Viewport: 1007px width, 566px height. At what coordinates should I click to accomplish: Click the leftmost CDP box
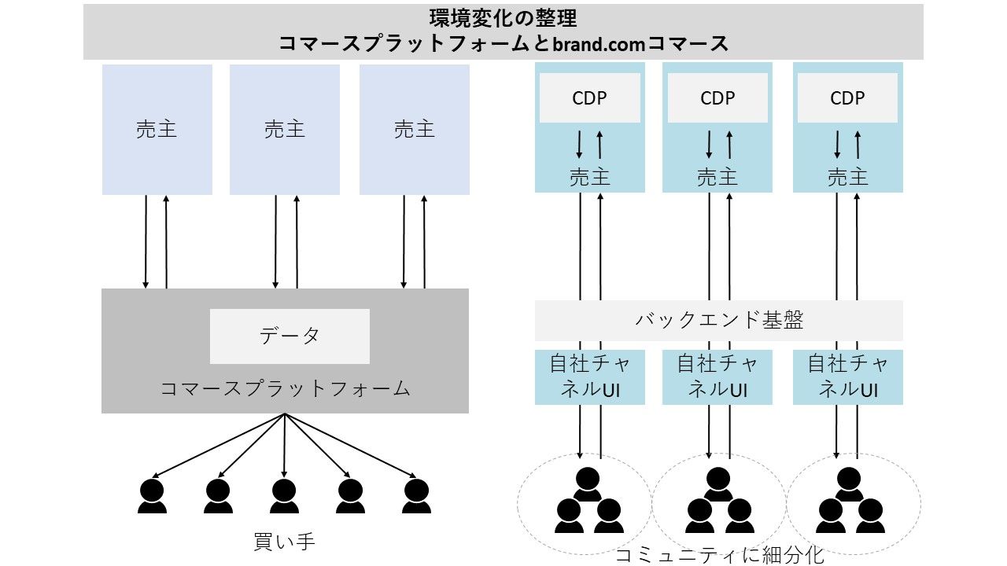tap(589, 98)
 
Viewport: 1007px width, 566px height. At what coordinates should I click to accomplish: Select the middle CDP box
tap(717, 98)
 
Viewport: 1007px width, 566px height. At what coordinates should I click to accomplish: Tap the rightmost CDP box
tap(847, 98)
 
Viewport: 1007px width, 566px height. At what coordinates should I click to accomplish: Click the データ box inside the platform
tap(290, 336)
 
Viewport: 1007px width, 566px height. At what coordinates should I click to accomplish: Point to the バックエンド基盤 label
tap(719, 320)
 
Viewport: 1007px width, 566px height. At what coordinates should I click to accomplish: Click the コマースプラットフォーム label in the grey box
tap(285, 388)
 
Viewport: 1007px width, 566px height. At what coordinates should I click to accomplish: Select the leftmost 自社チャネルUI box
tap(590, 377)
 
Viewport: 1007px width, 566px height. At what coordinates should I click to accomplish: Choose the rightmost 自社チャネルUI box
tap(848, 377)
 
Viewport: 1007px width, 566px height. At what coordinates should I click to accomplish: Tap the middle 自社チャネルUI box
tap(717, 377)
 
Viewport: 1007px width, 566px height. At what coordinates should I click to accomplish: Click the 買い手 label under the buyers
tap(284, 542)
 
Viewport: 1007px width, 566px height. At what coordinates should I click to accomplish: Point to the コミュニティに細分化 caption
tap(719, 556)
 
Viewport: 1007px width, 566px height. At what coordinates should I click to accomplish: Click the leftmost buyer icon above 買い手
tap(152, 496)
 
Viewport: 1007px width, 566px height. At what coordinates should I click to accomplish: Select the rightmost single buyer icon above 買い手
tap(416, 496)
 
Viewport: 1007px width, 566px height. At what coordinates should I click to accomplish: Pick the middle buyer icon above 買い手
tap(284, 496)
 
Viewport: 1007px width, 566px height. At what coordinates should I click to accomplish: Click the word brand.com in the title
tap(599, 44)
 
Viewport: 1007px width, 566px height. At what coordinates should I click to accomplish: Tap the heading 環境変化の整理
tap(503, 18)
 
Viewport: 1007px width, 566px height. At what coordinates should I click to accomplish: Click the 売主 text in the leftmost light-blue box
tap(157, 130)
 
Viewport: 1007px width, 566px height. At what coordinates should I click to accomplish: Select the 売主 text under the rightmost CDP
tap(847, 177)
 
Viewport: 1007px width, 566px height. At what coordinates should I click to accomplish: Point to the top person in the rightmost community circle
tap(848, 484)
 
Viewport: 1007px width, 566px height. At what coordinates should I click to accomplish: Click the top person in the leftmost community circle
tap(588, 484)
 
